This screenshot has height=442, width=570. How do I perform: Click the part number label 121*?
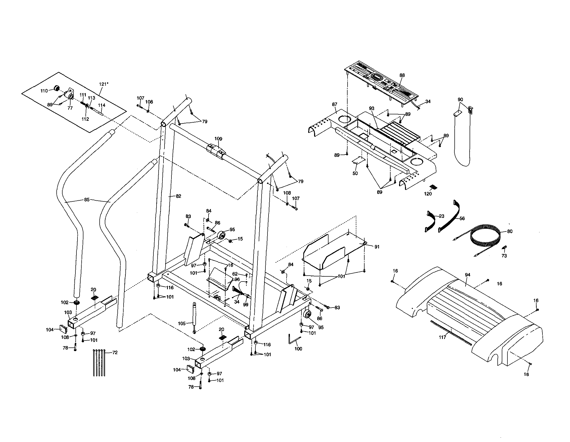(103, 84)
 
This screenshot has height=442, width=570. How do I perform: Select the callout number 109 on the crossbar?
(218, 139)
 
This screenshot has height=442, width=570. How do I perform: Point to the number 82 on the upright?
(178, 196)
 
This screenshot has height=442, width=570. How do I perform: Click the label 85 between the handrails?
(87, 200)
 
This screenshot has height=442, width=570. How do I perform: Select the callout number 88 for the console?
(402, 75)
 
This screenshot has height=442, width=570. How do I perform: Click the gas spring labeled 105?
(194, 317)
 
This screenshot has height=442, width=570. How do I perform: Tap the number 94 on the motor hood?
(468, 275)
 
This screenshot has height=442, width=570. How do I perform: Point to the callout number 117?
(442, 338)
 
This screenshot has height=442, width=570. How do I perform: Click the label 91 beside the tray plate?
(377, 247)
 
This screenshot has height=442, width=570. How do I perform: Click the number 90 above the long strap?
(460, 99)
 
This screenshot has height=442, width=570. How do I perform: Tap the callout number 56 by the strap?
(462, 218)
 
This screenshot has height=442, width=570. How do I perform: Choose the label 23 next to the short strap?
(442, 216)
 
